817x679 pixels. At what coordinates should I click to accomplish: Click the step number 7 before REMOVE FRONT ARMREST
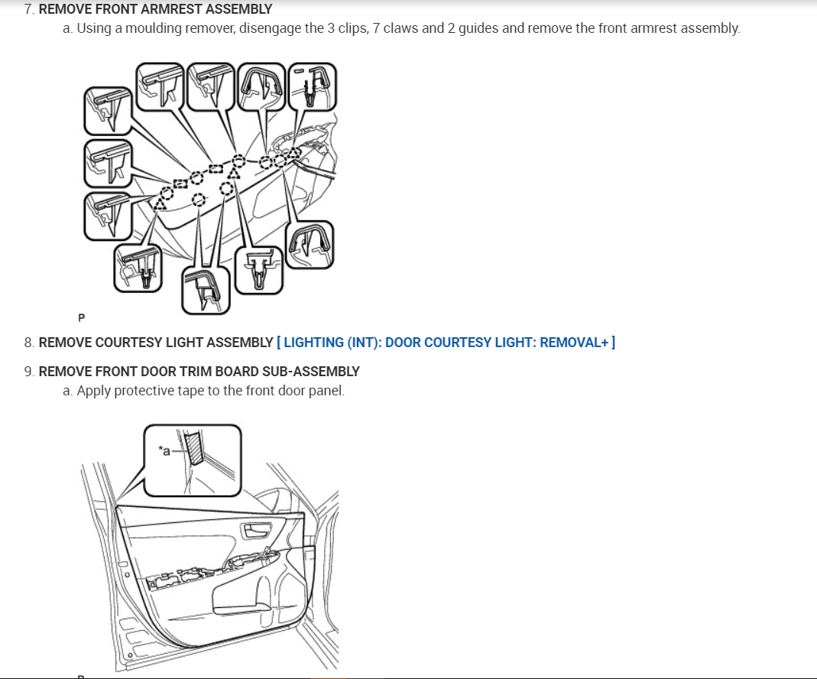[28, 10]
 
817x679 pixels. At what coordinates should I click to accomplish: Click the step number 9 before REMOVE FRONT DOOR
[28, 372]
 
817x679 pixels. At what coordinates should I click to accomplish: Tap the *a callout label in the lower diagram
[164, 450]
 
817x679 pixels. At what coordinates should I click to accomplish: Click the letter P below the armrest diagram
[82, 317]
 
